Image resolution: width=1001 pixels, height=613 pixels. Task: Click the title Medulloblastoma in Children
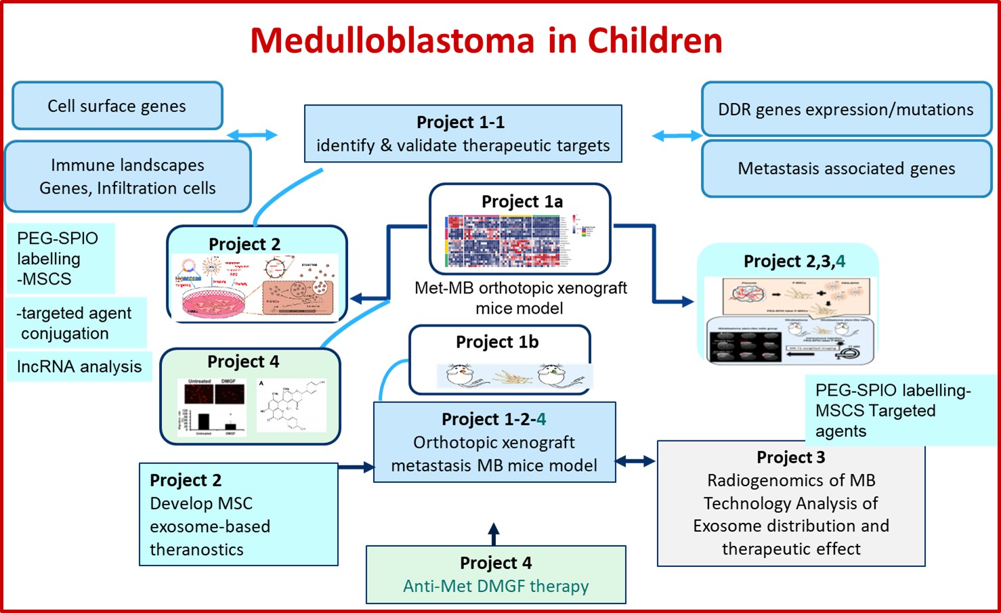click(x=486, y=41)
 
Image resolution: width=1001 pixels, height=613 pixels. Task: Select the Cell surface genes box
click(x=116, y=106)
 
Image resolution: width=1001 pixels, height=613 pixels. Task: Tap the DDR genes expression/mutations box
click(x=845, y=110)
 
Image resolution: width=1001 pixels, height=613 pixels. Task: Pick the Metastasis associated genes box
click(x=846, y=169)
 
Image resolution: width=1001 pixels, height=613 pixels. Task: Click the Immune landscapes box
click(x=127, y=176)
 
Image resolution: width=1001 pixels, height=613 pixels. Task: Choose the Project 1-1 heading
click(x=461, y=123)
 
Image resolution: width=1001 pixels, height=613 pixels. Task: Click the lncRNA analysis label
click(x=79, y=366)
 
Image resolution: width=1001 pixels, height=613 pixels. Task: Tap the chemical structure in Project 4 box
click(x=291, y=406)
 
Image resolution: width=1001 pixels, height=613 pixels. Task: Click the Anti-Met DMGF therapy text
click(x=496, y=586)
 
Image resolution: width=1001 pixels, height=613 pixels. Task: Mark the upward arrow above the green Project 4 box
click(x=494, y=534)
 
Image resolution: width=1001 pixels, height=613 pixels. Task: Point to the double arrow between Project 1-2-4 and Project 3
click(x=635, y=461)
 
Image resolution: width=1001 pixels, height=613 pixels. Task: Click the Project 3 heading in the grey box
click(x=790, y=458)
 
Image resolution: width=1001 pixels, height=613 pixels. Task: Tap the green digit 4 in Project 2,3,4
click(x=840, y=261)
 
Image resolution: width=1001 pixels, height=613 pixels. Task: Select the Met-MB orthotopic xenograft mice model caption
click(x=520, y=298)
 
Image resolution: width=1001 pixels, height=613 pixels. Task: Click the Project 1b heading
click(x=497, y=342)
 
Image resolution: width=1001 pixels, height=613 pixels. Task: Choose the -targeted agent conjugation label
click(x=74, y=323)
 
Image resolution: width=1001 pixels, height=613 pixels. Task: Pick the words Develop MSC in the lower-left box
click(x=200, y=503)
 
